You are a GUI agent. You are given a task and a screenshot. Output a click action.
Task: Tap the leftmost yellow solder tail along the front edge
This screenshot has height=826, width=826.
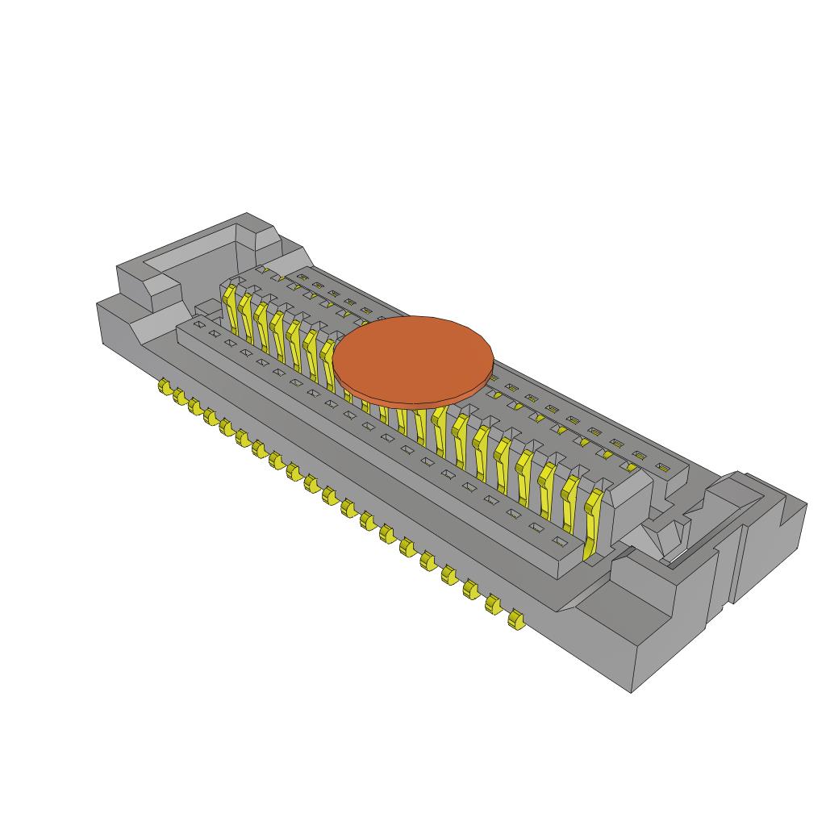(165, 390)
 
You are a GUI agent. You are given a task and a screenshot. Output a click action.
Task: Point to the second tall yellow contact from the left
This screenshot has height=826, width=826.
(246, 315)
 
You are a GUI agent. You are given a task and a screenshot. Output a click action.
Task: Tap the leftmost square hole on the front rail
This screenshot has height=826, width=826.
(197, 324)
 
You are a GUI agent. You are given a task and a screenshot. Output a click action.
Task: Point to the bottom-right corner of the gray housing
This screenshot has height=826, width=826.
(632, 691)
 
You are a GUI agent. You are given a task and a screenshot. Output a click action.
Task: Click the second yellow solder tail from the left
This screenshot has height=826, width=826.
(179, 398)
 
